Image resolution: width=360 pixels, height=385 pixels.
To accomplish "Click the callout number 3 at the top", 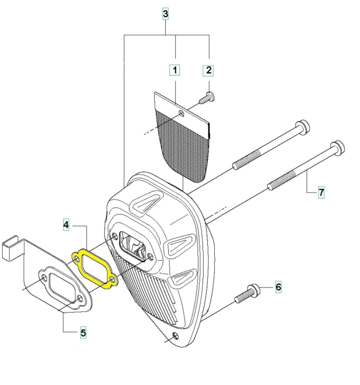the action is [166, 14].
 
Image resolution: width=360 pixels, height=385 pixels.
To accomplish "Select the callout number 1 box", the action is [174, 70].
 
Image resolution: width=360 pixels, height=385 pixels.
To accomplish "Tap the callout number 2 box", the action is [208, 70].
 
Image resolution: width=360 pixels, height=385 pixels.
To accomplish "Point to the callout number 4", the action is [66, 224].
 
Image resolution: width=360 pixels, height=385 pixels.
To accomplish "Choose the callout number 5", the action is [83, 333].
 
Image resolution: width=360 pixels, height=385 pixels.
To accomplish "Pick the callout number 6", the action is [278, 286].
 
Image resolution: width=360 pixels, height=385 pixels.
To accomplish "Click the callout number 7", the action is [321, 192].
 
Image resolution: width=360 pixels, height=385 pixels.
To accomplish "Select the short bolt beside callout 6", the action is [247, 294].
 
